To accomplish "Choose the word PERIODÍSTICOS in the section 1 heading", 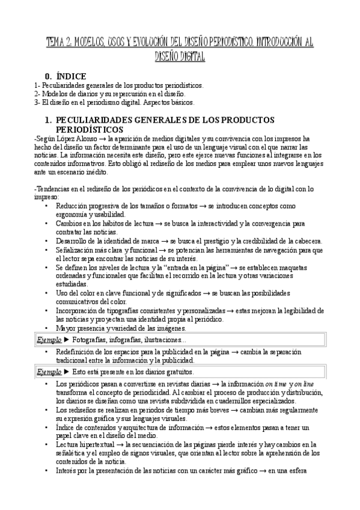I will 90,129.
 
